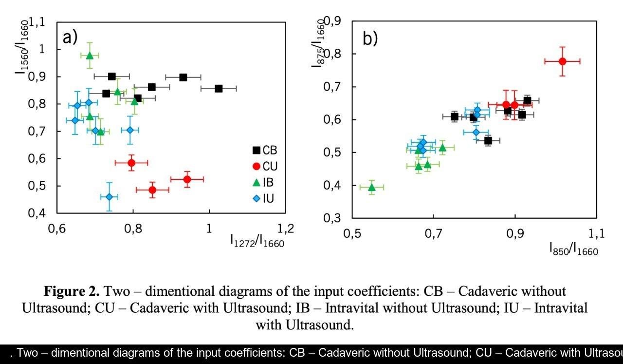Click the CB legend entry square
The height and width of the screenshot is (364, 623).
(x=257, y=151)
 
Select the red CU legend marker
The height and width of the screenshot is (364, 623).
(x=257, y=166)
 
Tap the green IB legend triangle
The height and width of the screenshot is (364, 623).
(x=257, y=182)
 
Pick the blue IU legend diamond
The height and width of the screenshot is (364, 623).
(x=257, y=198)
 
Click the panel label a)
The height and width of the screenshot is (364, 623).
(x=70, y=37)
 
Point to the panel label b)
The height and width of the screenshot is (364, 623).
(x=370, y=38)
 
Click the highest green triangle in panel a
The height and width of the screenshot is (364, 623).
(x=90, y=55)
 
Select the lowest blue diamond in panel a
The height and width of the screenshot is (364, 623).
(x=109, y=197)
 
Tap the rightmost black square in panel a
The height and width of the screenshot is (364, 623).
(x=219, y=88)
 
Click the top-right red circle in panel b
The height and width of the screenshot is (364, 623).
(x=562, y=61)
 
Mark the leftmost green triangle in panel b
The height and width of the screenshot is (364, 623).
(x=372, y=187)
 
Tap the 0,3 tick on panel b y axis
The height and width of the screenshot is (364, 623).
(x=335, y=218)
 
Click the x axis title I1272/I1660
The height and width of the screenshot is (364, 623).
(x=257, y=241)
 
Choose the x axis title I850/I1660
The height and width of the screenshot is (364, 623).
(x=573, y=250)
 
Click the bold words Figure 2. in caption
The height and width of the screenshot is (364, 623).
(x=72, y=291)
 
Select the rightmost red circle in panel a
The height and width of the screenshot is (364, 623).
(x=187, y=179)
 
